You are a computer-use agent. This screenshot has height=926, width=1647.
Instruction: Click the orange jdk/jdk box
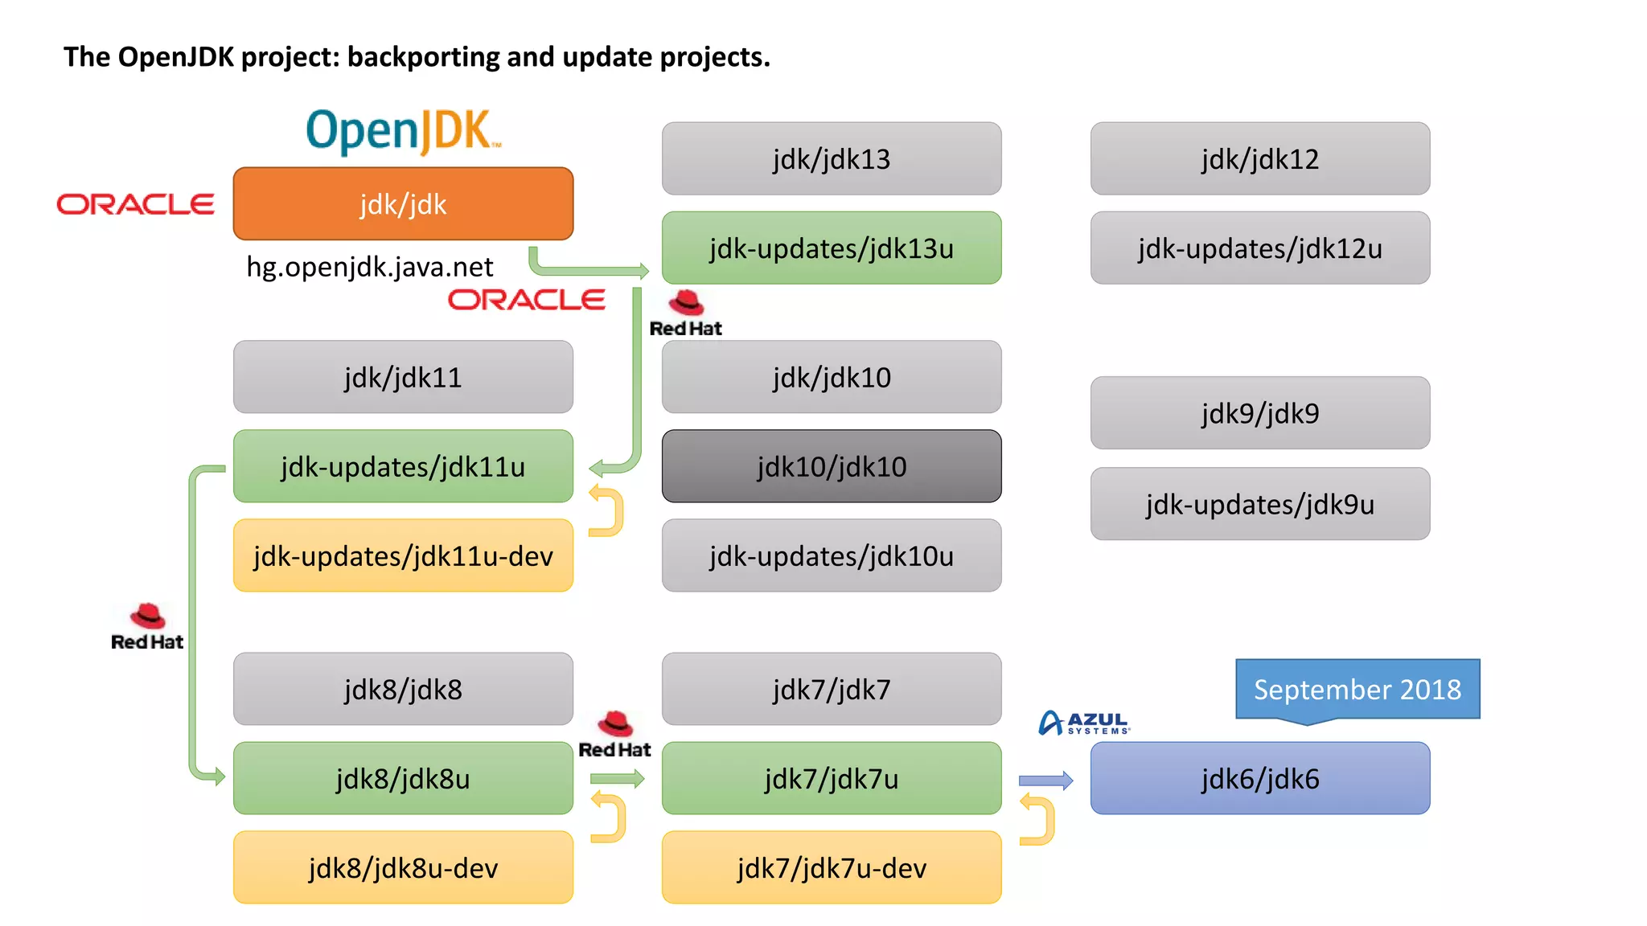click(403, 203)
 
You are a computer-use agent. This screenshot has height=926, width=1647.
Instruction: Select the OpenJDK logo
click(403, 131)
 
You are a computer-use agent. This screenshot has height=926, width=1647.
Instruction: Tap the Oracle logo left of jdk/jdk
click(135, 204)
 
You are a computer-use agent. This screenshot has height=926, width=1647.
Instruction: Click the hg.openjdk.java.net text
click(369, 267)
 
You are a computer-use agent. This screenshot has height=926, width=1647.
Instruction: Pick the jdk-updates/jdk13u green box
click(831, 248)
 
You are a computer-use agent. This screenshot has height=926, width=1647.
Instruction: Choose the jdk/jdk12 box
click(1259, 159)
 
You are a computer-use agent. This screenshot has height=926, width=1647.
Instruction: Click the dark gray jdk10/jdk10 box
click(831, 466)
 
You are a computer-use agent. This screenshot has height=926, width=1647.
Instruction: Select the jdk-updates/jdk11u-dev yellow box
click(403, 555)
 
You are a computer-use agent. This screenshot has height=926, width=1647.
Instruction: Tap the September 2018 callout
click(1357, 689)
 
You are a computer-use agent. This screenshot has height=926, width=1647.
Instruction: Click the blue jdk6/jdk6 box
click(1259, 778)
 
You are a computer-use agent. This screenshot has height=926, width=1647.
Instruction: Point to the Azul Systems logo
click(1084, 723)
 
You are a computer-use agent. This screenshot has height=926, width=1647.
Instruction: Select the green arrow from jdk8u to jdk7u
click(617, 778)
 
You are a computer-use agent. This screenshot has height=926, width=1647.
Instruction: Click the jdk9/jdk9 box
click(1259, 413)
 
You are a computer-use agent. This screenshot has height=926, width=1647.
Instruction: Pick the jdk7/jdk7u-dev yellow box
click(831, 867)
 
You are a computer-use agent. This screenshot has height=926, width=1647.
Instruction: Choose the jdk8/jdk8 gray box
click(403, 689)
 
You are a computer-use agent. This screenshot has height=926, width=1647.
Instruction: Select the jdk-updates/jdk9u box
click(1259, 504)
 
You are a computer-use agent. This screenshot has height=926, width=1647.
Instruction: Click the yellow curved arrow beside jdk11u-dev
click(610, 510)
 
